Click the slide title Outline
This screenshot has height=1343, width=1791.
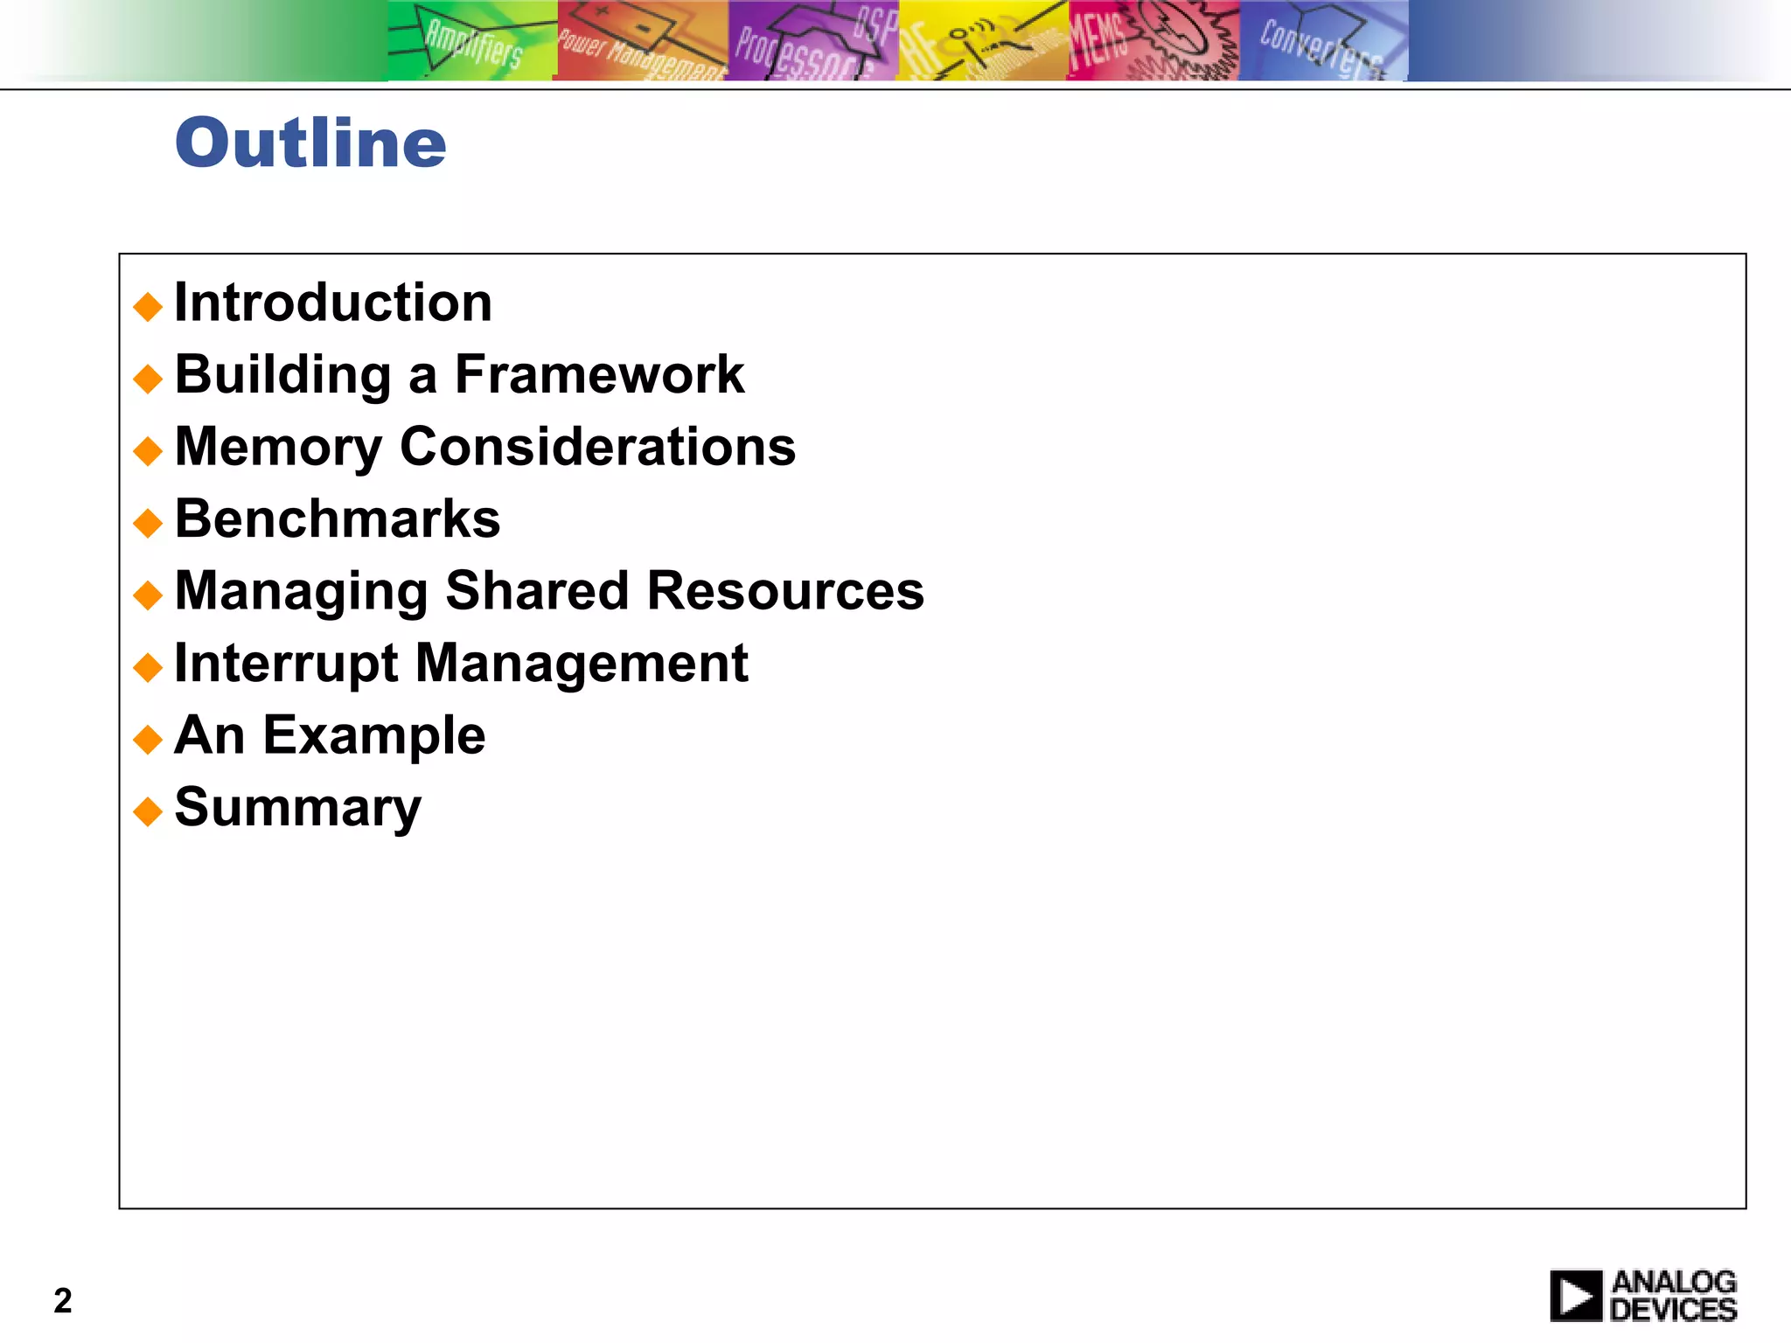310,143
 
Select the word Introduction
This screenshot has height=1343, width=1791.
333,303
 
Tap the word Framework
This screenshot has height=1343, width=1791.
599,375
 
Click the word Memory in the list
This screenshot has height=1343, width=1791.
278,448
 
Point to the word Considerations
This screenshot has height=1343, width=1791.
597,447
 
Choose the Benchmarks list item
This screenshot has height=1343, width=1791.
338,518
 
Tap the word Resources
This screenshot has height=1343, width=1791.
784,591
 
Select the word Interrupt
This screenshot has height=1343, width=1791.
286,664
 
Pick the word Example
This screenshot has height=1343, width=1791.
373,735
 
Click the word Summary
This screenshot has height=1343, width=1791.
297,808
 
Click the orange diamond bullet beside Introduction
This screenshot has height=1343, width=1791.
148,306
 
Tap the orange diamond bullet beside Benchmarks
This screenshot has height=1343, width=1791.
148,523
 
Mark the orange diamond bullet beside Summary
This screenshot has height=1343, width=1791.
148,811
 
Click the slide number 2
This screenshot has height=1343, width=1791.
63,1301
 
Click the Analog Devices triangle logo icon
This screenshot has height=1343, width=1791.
1576,1296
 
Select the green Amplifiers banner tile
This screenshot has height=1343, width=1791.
471,41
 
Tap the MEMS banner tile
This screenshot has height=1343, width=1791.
1153,41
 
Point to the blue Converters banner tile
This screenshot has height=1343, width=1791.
1322,41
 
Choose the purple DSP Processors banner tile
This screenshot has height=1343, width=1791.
812,41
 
